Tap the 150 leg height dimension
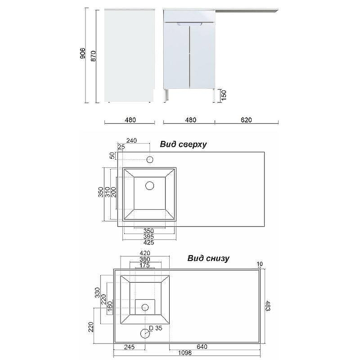click(223, 95)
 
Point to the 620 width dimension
click(246, 120)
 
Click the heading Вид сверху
click(183, 144)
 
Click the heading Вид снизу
click(208, 258)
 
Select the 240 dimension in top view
click(131, 140)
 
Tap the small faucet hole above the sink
click(150, 159)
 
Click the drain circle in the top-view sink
click(150, 185)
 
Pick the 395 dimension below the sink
click(148, 237)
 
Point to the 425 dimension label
click(148, 243)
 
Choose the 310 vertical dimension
click(107, 192)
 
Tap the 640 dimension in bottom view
click(202, 347)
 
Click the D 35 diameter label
click(155, 328)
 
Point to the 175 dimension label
click(145, 265)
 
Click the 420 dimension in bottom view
click(145, 253)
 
